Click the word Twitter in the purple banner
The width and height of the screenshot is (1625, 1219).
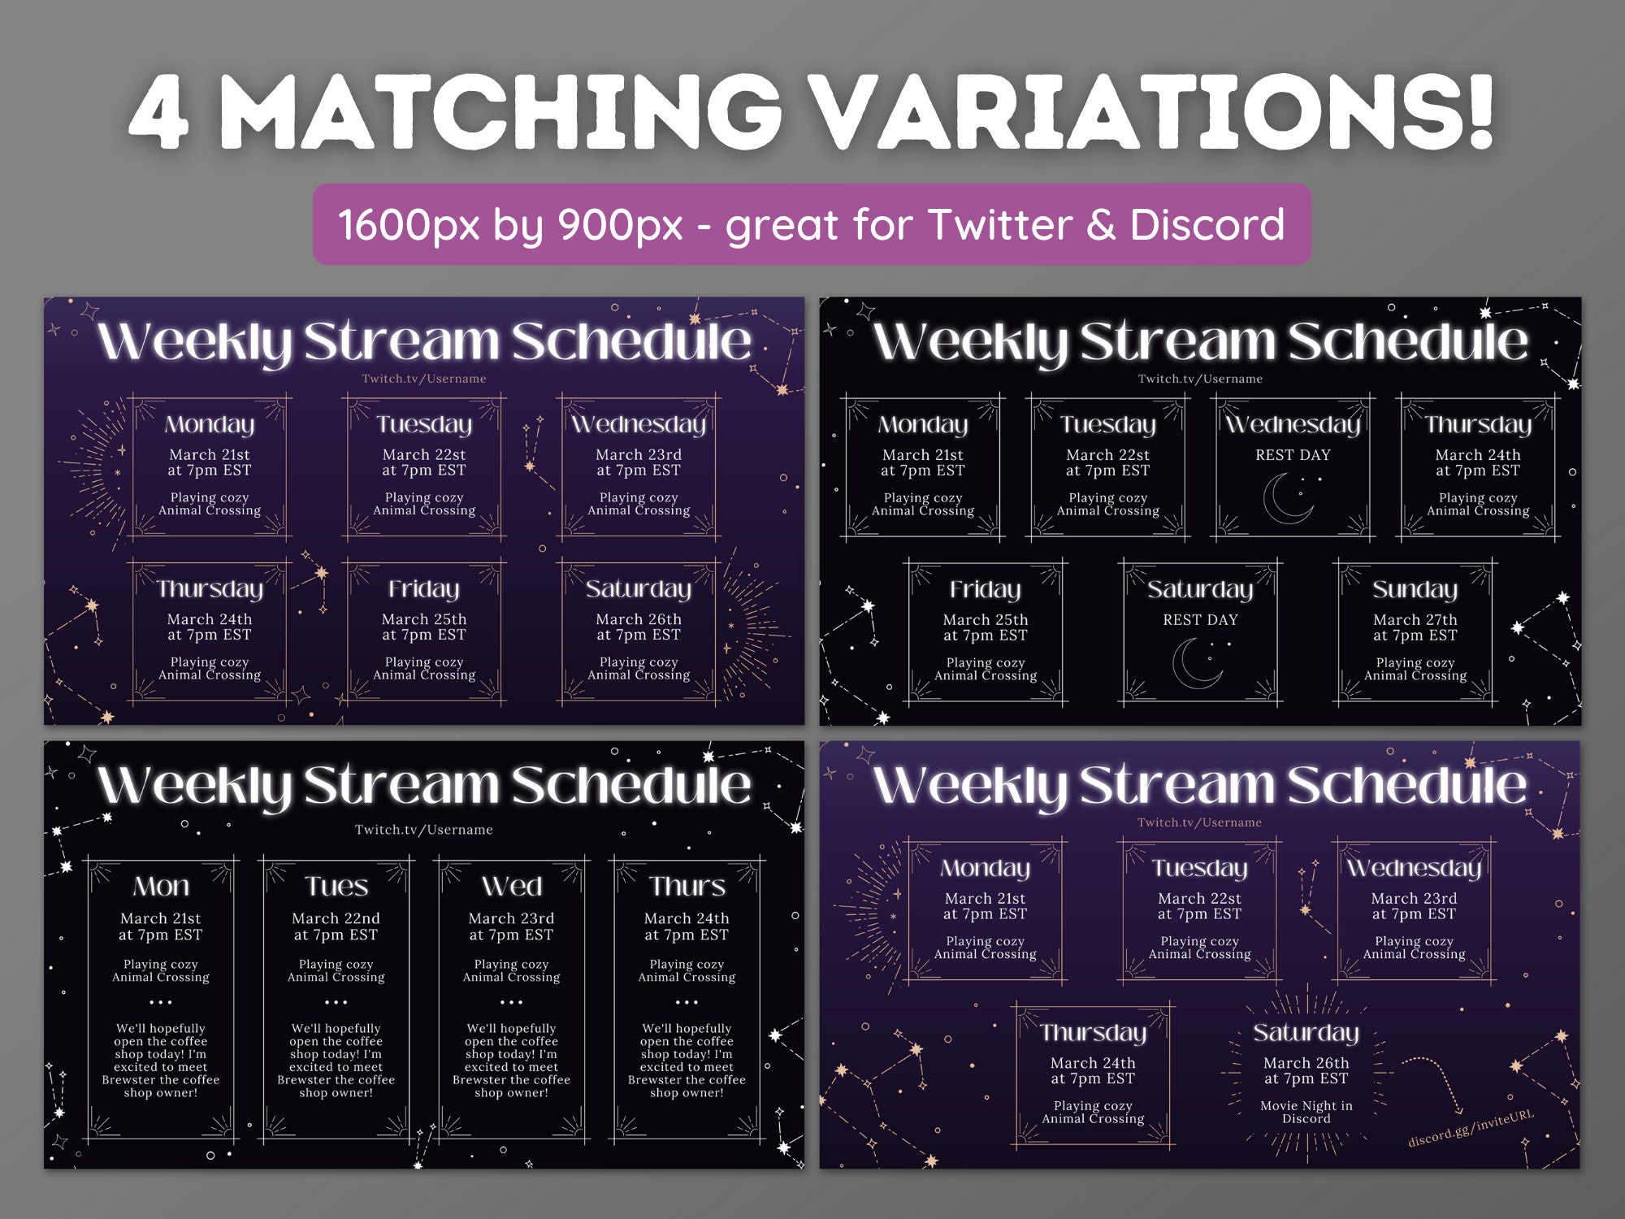(999, 224)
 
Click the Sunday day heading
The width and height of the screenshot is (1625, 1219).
(1415, 589)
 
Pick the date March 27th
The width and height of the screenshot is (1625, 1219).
(1415, 620)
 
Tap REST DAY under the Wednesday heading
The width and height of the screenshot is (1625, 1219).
(1293, 455)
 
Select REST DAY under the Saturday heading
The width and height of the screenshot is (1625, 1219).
(1200, 620)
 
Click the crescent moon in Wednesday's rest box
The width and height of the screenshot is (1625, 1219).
(1287, 498)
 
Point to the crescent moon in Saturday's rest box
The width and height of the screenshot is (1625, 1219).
(1196, 662)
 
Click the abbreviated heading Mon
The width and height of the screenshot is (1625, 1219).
(161, 886)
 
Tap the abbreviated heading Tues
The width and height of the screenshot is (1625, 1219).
(336, 886)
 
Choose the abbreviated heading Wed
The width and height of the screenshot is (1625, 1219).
(512, 886)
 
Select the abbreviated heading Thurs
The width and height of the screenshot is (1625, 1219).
(687, 886)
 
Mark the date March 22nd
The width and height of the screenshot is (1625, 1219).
(336, 918)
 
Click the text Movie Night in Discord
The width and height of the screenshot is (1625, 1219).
(1306, 1112)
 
